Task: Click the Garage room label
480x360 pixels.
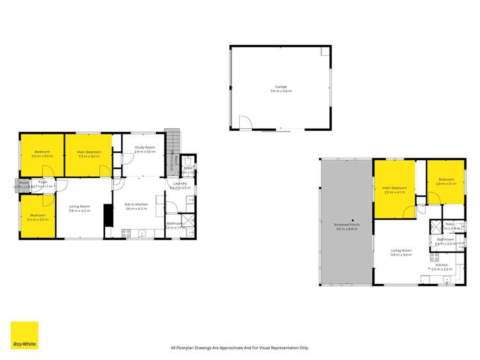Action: pos(281,88)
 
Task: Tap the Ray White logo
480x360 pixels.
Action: pos(24,335)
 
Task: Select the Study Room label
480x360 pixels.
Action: pos(145,149)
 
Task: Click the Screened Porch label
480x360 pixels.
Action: pos(347,227)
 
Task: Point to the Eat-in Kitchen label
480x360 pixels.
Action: pos(136,206)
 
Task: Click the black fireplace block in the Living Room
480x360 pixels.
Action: pos(107,216)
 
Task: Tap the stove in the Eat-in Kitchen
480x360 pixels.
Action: pos(126,234)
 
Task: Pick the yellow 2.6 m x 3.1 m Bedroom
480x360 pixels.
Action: pos(445,181)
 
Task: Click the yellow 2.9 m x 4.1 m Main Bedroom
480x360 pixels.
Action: pos(393,190)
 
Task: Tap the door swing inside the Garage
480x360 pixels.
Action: pos(244,122)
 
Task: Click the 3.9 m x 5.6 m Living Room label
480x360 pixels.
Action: pos(402,252)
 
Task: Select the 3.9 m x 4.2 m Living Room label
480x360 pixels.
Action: pos(79,208)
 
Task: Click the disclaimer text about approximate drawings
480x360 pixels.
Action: pos(240,348)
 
